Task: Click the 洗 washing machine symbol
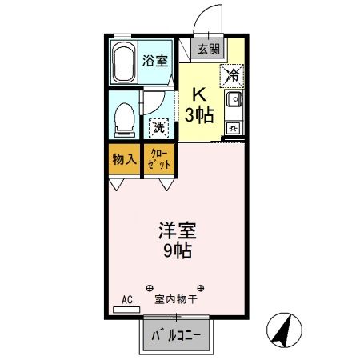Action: point(158,126)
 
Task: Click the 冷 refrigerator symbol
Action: point(232,76)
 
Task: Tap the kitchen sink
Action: point(234,100)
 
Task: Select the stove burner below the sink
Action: point(233,126)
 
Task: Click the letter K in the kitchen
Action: point(198,93)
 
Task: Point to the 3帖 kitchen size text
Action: point(198,114)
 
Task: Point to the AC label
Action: point(126,302)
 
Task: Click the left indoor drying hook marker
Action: point(149,287)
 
